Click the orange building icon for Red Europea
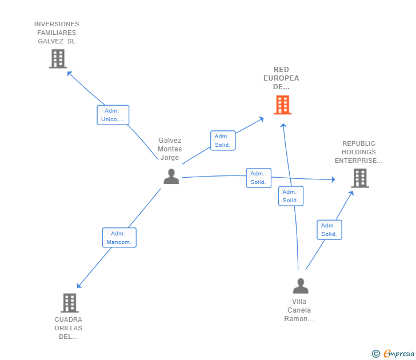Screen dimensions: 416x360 282,105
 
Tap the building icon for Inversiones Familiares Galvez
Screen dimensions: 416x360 58,59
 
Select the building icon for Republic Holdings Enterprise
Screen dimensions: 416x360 360,178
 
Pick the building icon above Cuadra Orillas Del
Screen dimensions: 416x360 70,303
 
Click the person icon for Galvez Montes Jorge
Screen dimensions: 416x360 171,177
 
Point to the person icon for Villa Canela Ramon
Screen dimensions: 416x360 301,286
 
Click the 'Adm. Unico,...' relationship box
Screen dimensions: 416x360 113,115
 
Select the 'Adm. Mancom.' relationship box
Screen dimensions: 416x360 119,238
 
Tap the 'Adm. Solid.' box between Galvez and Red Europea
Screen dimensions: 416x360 223,141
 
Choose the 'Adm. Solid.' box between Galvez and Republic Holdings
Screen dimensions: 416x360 259,178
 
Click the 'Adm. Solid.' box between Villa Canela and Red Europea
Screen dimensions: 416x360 291,196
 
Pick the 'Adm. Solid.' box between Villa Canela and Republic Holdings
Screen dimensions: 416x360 329,230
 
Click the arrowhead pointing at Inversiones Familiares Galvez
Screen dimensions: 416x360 70,74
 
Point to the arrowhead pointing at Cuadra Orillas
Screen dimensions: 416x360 79,285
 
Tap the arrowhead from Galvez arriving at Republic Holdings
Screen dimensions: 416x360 334,179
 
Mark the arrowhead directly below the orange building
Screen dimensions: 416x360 283,126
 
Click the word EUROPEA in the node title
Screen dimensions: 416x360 281,78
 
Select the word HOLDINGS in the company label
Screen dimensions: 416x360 359,152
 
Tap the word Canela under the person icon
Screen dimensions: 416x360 299,310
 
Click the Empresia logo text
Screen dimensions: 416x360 399,353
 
